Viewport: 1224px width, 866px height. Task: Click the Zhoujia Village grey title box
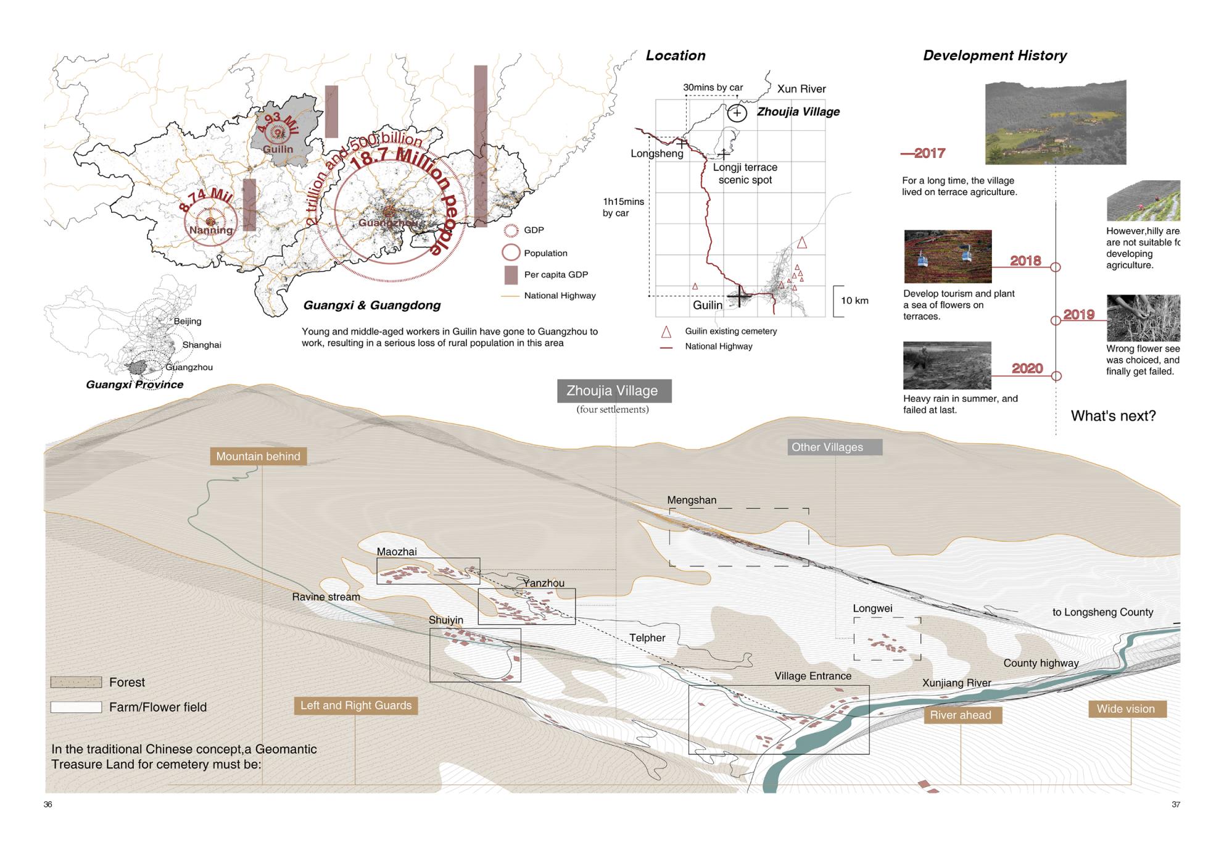pos(613,391)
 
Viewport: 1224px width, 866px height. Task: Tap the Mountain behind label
pos(258,456)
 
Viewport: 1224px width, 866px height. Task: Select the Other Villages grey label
pos(834,447)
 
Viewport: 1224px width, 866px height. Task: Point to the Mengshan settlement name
pos(692,500)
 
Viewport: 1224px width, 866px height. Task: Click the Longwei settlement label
pos(872,608)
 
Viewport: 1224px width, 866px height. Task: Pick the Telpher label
pos(647,638)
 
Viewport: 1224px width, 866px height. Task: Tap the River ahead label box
pos(962,715)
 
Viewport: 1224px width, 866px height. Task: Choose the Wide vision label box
pos(1126,709)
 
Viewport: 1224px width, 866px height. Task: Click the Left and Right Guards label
pos(356,706)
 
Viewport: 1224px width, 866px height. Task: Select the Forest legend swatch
pos(76,682)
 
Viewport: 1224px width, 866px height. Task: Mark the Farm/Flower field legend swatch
pos(76,707)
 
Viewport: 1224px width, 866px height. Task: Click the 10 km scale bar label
pos(854,301)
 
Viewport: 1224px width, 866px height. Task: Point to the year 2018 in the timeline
pos(1025,260)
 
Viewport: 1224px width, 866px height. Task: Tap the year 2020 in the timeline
pos(1027,368)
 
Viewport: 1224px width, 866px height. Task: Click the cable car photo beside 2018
pos(948,257)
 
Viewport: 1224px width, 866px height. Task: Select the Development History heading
pos(994,56)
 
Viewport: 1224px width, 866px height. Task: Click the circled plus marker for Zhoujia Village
pos(737,113)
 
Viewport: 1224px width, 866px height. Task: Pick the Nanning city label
pos(211,230)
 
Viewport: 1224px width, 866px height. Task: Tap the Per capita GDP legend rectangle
pos(511,275)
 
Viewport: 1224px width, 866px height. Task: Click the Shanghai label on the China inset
pos(201,345)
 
